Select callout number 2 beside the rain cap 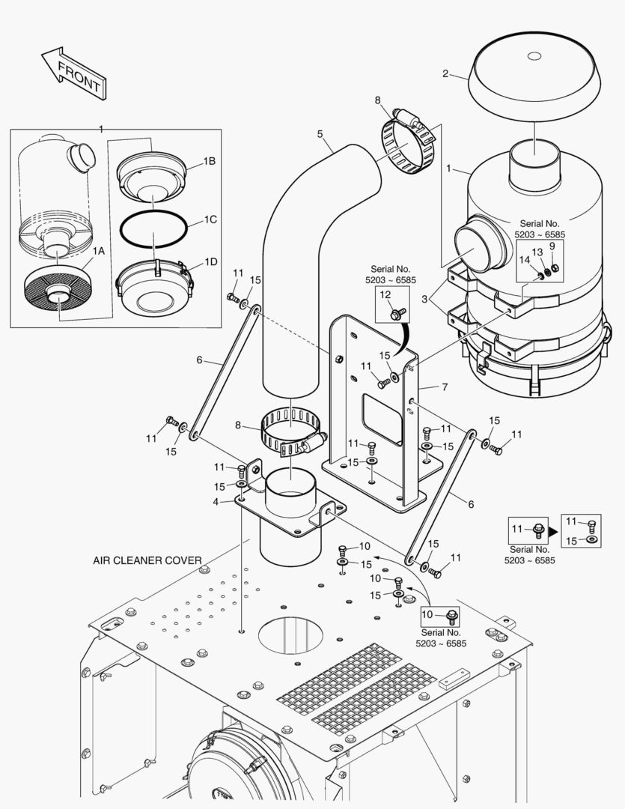coord(445,73)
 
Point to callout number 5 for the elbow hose coord(320,134)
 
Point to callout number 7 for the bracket coord(444,387)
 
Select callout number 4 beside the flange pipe coord(216,501)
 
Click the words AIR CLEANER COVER coord(147,560)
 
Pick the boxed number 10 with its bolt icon coord(442,616)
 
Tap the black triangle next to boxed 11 coord(554,530)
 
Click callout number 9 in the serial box coord(552,245)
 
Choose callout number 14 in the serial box coord(524,260)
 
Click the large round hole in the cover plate coord(293,634)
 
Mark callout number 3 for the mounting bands coord(424,300)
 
